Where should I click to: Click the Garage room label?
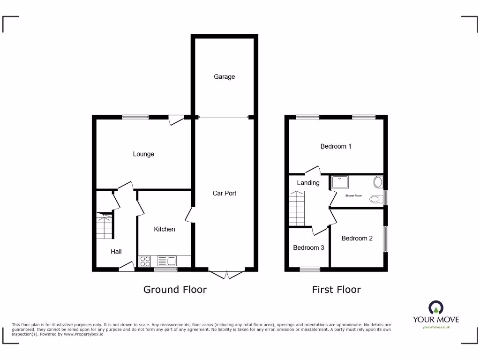(x=224, y=76)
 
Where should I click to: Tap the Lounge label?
(x=143, y=154)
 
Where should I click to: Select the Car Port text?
(x=224, y=193)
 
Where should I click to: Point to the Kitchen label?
(x=165, y=229)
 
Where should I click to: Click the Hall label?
(x=116, y=252)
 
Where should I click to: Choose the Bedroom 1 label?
(x=336, y=146)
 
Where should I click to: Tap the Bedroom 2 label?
(x=357, y=238)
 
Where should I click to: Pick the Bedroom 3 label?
(x=308, y=247)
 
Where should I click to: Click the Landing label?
(x=308, y=183)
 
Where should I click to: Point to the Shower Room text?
(x=353, y=195)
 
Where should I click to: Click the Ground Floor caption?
(x=175, y=290)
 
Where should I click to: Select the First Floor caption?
(x=336, y=290)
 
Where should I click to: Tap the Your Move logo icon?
(x=436, y=307)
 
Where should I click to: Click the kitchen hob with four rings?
(x=145, y=261)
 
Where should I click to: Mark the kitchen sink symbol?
(x=167, y=261)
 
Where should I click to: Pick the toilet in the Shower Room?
(x=375, y=199)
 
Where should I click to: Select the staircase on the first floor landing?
(x=297, y=208)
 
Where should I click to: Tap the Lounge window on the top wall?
(x=135, y=117)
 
